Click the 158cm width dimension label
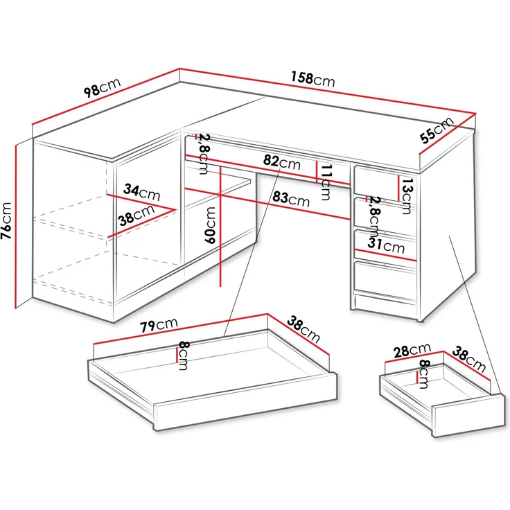coord(313,80)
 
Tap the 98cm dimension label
coord(102,87)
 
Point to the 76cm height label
coord(6,220)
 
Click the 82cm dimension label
coord(281,162)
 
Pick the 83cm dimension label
coord(291,199)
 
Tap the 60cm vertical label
coord(211,225)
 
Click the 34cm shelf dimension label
coord(142,192)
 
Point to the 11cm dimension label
coord(326,182)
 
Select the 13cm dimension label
coord(407,196)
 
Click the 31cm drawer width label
coord(386,245)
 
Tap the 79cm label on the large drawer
coord(159,325)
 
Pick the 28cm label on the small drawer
coord(412,351)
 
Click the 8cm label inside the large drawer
coord(184,355)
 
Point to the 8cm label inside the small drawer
coord(423,374)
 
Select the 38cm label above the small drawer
coord(468,359)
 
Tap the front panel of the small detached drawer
coord(469,415)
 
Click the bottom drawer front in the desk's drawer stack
coord(385,277)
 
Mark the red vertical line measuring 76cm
coord(16,227)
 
